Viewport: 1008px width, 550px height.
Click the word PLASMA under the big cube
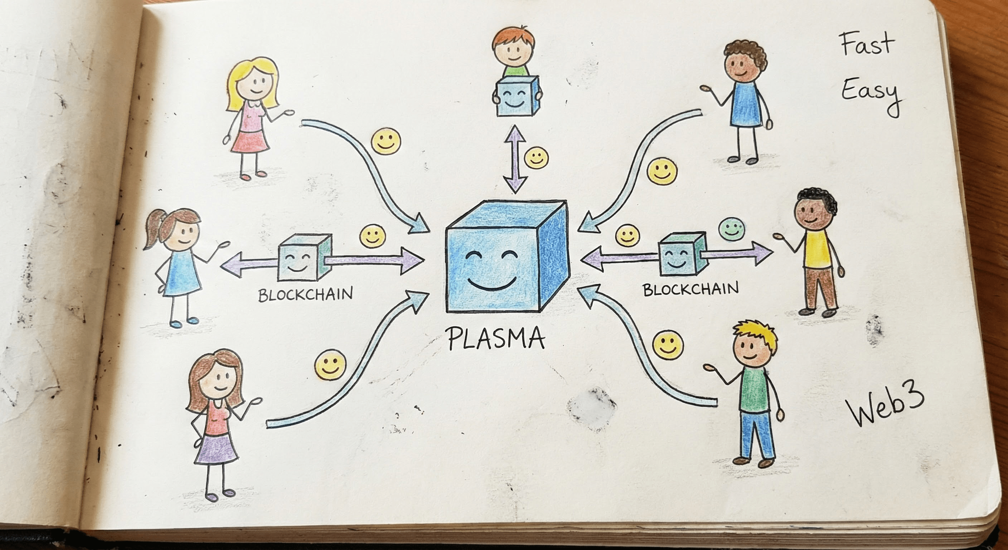pos(496,339)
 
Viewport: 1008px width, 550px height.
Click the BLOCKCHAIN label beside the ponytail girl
pos(305,294)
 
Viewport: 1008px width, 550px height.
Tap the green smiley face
pos(731,230)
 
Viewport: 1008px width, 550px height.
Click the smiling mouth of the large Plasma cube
pos(493,285)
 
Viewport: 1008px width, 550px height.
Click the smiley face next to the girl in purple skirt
pos(331,365)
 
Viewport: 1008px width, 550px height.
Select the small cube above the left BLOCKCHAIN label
pos(304,258)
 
